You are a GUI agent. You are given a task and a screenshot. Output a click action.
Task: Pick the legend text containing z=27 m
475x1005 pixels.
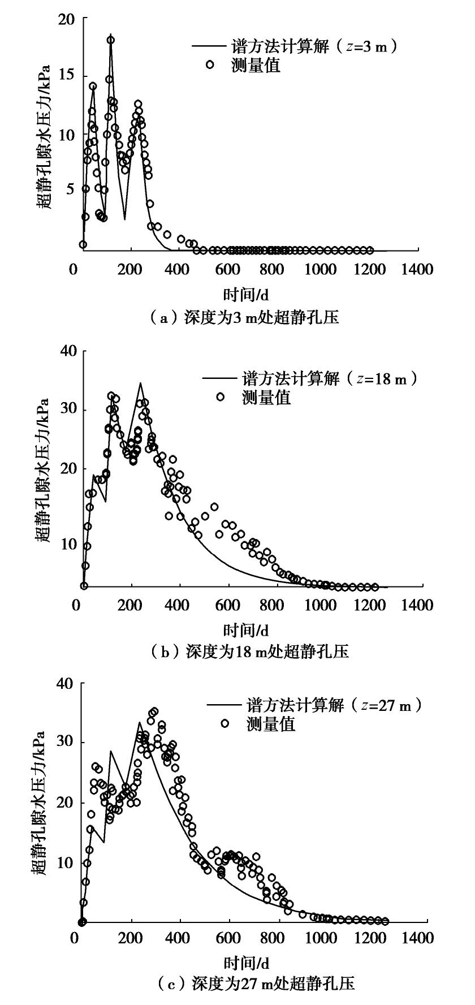[x=334, y=705]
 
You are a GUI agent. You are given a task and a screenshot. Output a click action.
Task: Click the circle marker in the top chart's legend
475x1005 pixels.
[x=210, y=64]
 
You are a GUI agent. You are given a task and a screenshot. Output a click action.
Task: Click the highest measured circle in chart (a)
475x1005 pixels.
[x=111, y=40]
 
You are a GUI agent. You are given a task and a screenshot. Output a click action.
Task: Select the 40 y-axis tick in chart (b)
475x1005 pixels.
[x=67, y=351]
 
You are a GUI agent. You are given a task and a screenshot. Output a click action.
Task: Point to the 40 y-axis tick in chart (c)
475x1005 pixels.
[x=67, y=684]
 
